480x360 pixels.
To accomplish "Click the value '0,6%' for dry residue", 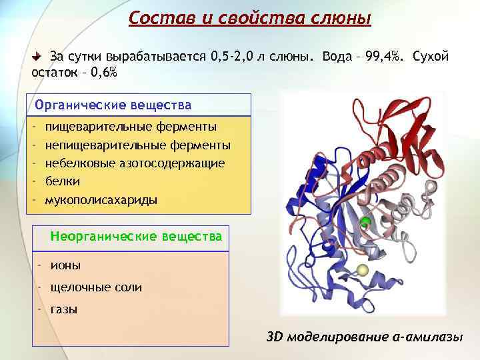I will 103,73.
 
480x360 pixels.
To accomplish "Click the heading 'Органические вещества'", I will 113,105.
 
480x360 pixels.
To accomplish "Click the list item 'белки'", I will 63,181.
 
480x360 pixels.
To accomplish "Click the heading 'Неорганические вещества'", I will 137,237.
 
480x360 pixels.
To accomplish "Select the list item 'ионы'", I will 65,265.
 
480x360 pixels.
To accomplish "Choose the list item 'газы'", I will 64,309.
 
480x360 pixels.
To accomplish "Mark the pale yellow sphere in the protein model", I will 363,270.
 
